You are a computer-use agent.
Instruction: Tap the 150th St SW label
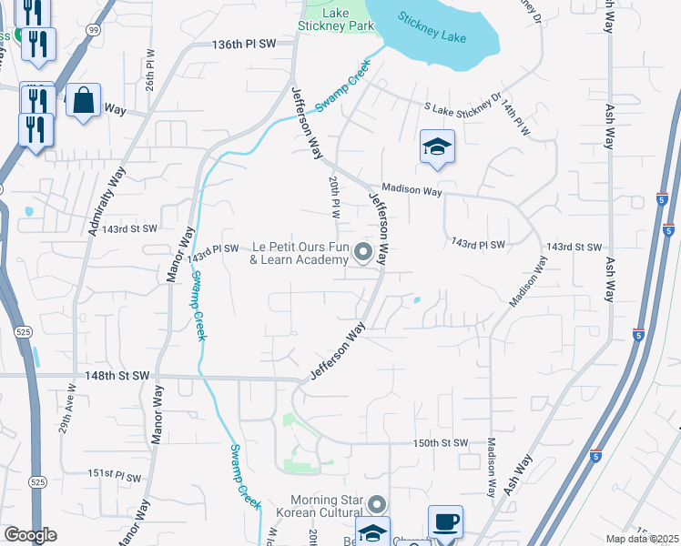pyautogui.click(x=441, y=443)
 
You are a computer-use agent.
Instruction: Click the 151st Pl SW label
pyautogui.click(x=115, y=476)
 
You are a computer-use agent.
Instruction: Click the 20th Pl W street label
pyautogui.click(x=335, y=197)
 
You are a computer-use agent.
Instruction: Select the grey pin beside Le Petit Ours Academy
pyautogui.click(x=364, y=252)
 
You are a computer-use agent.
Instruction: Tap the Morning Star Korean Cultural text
pyautogui.click(x=327, y=507)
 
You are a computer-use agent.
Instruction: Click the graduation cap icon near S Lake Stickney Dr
pyautogui.click(x=437, y=147)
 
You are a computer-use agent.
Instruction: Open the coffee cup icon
pyautogui.click(x=445, y=522)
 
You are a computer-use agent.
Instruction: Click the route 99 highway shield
pyautogui.click(x=95, y=31)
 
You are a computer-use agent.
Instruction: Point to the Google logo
pyautogui.click(x=30, y=535)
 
